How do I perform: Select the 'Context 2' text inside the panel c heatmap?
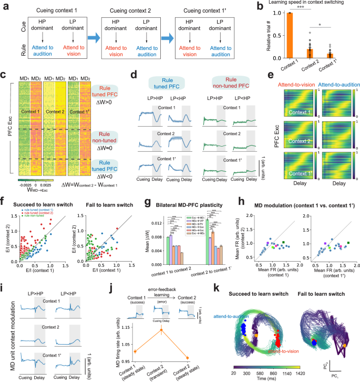49,111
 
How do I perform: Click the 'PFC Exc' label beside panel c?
5,106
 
